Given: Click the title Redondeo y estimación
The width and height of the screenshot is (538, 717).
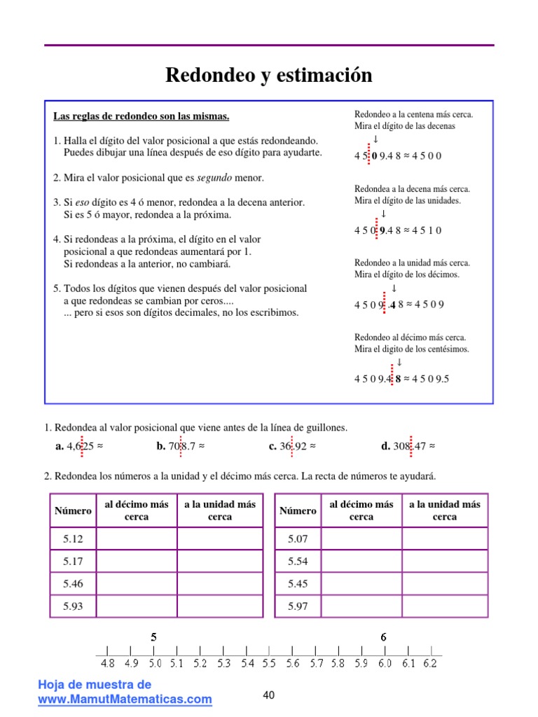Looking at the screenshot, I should tap(269, 76).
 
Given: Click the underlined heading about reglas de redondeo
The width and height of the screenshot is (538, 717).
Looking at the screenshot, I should tap(142, 116).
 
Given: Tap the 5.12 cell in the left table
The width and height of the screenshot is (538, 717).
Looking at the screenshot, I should tap(73, 539).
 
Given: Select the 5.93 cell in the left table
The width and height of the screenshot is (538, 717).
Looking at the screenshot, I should tap(73, 606).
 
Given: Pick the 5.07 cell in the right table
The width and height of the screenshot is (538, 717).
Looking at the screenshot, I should tap(298, 539).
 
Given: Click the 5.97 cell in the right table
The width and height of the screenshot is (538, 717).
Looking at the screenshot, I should tap(298, 606).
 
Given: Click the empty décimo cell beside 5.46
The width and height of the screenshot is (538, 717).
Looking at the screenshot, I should tap(136, 584).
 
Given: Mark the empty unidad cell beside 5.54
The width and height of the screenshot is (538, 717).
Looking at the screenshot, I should tap(445, 562).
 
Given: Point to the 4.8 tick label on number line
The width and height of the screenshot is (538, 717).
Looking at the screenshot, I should tap(107, 662).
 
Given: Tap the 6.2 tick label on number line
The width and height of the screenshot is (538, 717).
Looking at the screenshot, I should tap(430, 662).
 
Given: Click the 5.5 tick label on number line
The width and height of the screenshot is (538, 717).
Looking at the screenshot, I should tap(268, 662).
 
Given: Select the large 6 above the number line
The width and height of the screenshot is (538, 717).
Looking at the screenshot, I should tap(383, 637).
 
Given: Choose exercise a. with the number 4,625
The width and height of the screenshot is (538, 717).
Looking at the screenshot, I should tap(78, 445).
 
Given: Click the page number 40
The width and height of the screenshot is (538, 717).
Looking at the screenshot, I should tap(269, 695).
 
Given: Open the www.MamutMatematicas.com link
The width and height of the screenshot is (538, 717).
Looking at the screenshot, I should tap(125, 699).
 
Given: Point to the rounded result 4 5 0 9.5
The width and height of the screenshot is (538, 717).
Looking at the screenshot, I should tap(431, 379).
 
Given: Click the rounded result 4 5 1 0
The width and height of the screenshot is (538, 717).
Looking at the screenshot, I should tap(427, 230).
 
